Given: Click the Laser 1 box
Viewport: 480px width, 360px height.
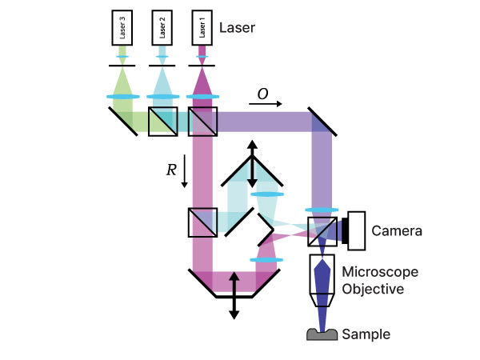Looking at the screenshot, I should click(201, 29).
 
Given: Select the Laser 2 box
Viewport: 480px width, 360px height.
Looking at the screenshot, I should click(162, 29).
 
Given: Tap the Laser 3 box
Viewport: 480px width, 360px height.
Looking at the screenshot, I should click(122, 29).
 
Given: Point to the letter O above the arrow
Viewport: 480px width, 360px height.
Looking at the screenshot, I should click(262, 94).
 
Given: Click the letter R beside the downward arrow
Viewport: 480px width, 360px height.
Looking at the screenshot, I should click(170, 170).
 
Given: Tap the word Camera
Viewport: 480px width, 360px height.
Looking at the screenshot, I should click(397, 231).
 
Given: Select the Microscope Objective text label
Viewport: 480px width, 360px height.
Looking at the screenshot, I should click(380, 280).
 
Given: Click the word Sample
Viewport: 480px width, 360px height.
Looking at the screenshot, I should click(366, 334).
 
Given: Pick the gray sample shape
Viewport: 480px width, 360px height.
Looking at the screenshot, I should click(322, 334).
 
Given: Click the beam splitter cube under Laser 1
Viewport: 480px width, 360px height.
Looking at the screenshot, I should click(202, 121).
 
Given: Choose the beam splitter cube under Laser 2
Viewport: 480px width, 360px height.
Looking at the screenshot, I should click(162, 121).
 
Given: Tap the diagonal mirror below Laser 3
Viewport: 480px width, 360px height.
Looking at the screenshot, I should click(122, 121).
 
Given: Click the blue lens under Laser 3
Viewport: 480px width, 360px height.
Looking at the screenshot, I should click(122, 98).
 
